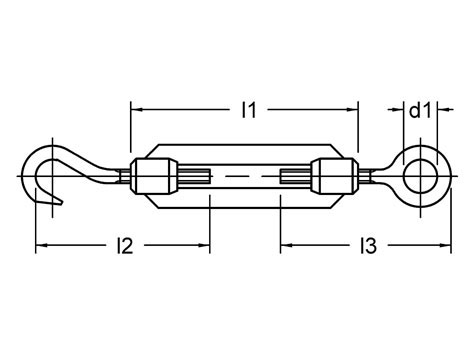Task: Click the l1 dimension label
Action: point(249,111)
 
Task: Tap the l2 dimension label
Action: point(124,245)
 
